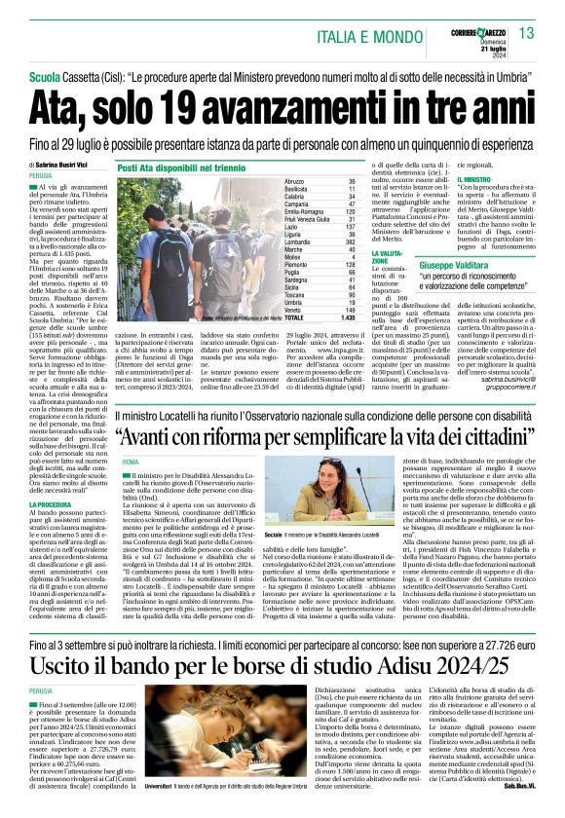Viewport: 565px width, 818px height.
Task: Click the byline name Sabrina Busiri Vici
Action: pos(59,166)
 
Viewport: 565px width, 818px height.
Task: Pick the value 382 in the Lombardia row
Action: pos(349,241)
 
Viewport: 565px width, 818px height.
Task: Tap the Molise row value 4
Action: pos(352,258)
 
